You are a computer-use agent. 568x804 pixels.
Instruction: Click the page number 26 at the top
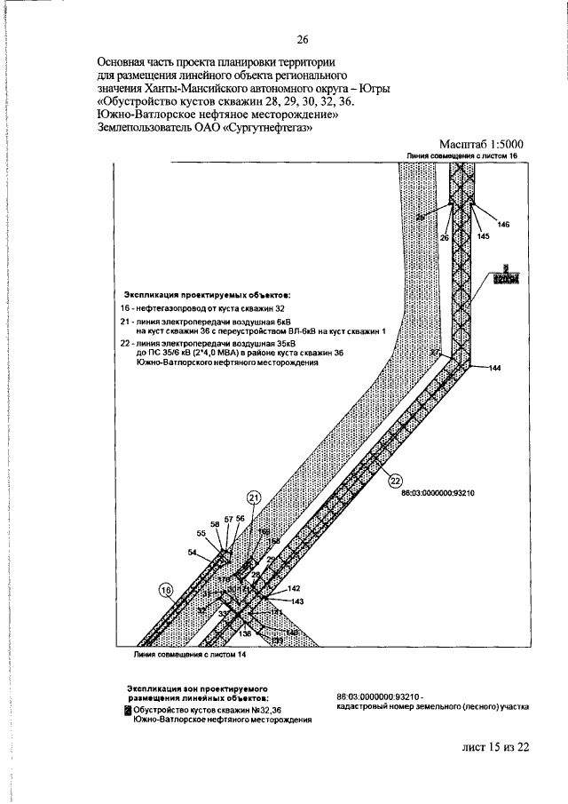pos(302,39)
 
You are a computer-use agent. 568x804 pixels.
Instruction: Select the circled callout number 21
pos(255,498)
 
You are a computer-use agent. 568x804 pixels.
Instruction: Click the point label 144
pos(495,368)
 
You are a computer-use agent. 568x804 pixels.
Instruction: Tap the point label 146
pos(504,225)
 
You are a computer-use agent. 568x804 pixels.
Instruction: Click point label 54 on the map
pos(193,553)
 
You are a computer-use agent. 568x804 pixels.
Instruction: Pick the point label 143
pos(296,601)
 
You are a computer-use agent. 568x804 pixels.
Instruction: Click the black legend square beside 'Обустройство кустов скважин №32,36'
pos(128,710)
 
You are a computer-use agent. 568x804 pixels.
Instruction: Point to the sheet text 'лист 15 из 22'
pos(494,747)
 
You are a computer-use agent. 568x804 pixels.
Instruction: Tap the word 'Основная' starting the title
pos(122,63)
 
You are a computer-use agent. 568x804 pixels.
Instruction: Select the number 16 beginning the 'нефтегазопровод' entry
pos(126,306)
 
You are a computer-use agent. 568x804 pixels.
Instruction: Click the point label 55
pos(201,533)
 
